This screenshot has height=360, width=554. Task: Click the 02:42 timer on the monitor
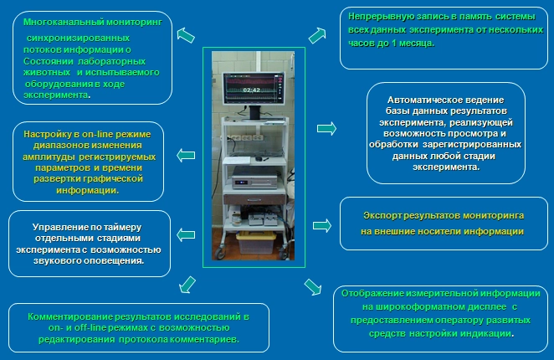coord(252,90)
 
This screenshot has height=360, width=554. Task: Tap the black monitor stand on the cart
coord(254,112)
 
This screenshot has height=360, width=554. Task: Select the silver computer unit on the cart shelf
coord(254,177)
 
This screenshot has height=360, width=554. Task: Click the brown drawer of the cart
coord(254,199)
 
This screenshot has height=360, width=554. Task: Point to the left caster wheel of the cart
coord(220,253)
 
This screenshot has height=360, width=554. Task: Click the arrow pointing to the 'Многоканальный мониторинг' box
coord(186,36)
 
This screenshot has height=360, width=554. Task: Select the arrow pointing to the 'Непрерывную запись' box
coord(317,36)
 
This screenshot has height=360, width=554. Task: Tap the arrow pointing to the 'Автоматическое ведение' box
coord(326,129)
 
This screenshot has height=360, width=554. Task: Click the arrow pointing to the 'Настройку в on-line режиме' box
coord(186,155)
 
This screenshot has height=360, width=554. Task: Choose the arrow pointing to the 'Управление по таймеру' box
coord(186,234)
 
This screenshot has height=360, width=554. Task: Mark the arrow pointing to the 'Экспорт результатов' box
coord(322,225)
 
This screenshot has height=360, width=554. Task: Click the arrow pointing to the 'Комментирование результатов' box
coord(187,285)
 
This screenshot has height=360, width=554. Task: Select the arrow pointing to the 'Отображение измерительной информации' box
coord(313,287)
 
